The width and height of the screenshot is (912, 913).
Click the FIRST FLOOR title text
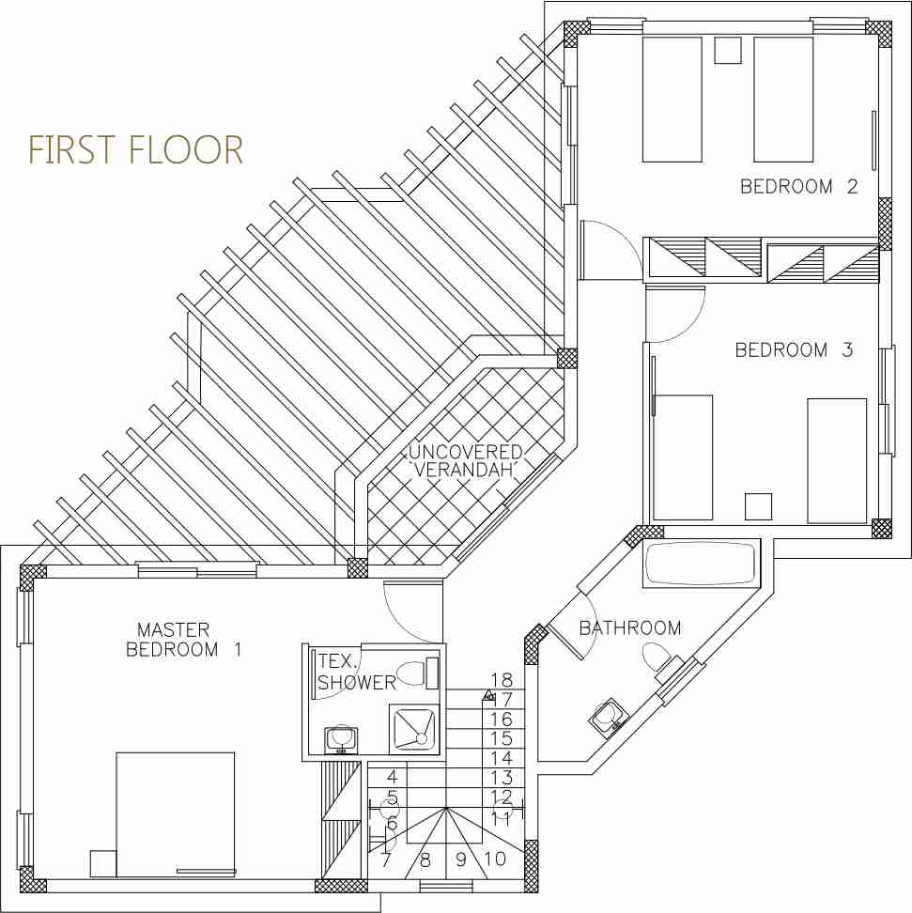coord(135,149)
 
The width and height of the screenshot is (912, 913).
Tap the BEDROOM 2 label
coord(798,186)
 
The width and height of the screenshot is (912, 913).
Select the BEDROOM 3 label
coord(794,350)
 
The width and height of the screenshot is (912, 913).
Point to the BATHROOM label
coord(630,627)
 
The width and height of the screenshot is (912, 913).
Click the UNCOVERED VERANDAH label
coord(465,460)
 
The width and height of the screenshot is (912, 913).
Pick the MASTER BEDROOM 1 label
coord(183,640)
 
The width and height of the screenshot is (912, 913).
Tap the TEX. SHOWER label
coord(356,672)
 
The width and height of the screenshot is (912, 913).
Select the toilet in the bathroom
coord(657,657)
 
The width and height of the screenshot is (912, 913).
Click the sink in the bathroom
coord(607,717)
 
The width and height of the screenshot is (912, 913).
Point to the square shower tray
coord(413,727)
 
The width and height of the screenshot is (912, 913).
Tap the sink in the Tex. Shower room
coord(341,739)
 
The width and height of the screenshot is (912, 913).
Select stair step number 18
coord(502,679)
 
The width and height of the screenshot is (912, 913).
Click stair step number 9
coord(461,859)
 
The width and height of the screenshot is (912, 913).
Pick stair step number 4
coord(392,777)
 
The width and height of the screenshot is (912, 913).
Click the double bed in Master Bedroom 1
coord(176,814)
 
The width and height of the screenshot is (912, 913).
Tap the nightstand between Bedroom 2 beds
coord(727,50)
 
